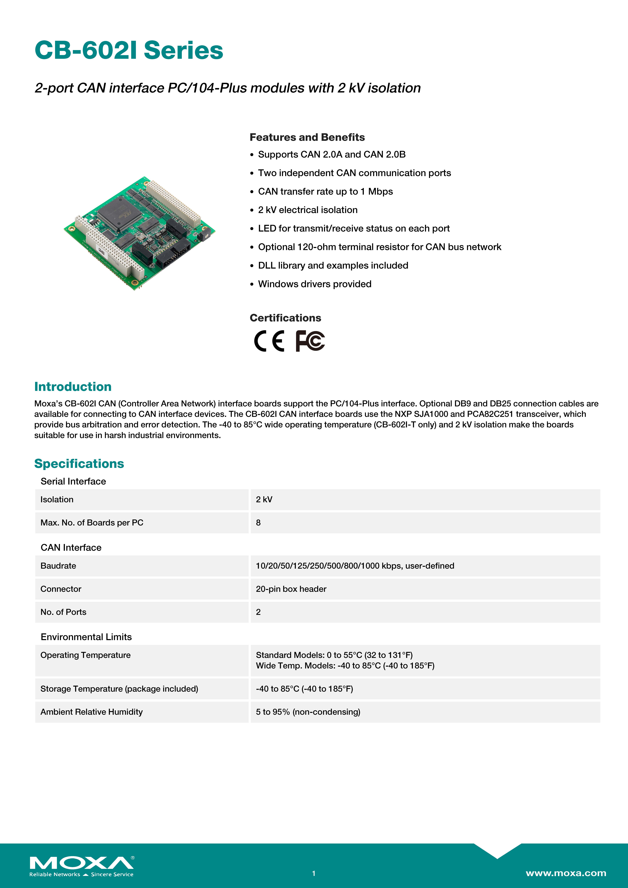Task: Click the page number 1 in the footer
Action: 314,873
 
